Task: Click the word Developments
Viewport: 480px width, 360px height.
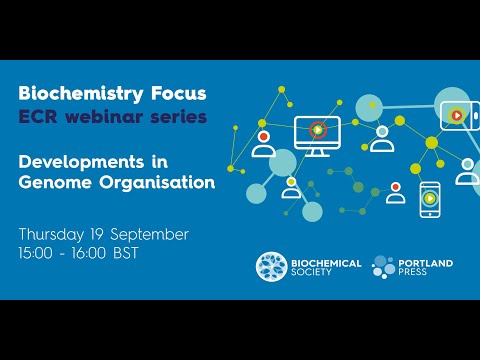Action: pos(79,160)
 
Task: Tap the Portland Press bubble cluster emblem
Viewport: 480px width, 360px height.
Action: pos(385,266)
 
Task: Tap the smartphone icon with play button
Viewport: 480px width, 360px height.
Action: pos(429,198)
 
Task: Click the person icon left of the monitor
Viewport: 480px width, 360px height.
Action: pos(264,144)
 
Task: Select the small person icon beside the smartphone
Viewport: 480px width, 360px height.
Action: pos(396,193)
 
